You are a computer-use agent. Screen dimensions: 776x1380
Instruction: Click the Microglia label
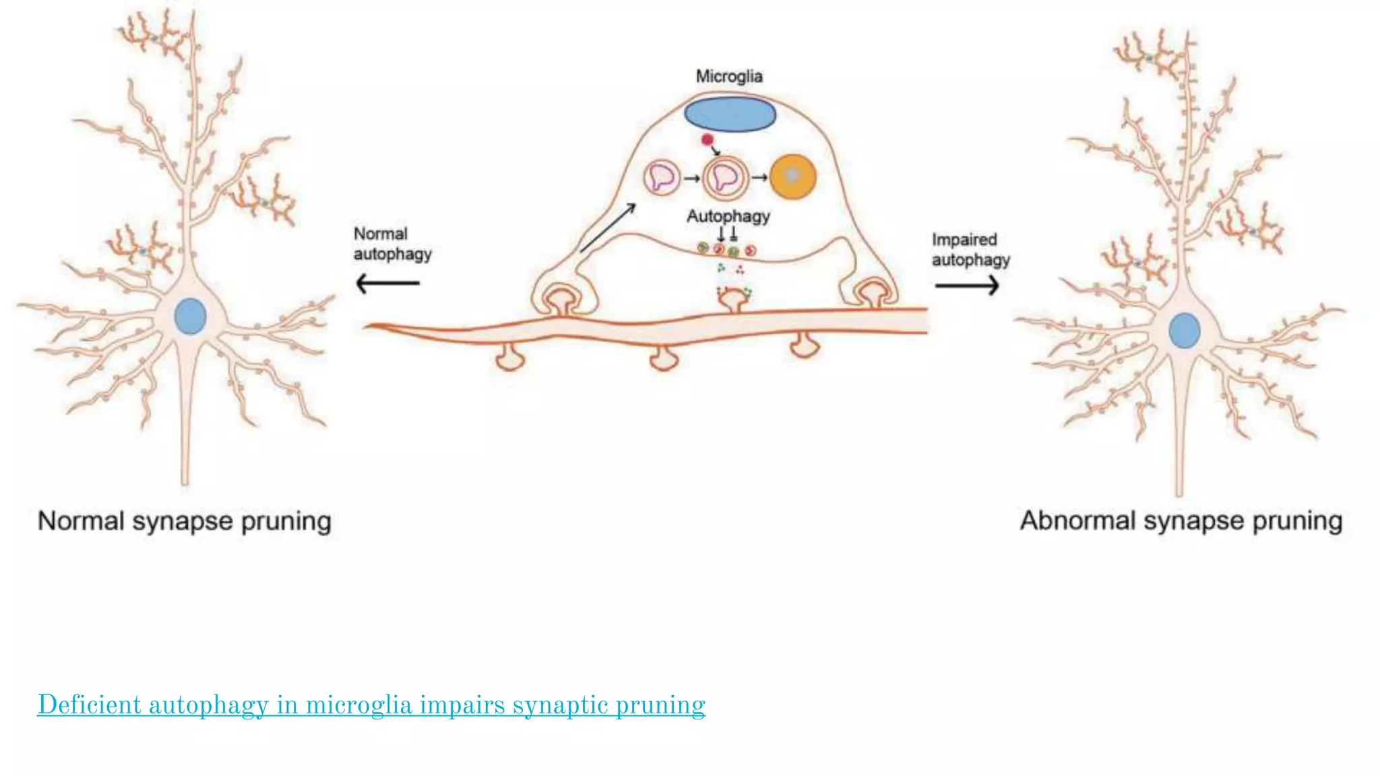[729, 77]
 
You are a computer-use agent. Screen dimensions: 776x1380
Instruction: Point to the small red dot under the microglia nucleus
[707, 140]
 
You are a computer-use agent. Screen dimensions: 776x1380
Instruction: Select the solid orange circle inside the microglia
[793, 176]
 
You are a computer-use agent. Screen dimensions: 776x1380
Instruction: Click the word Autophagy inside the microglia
[728, 216]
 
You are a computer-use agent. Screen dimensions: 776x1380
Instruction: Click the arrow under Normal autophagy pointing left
[387, 283]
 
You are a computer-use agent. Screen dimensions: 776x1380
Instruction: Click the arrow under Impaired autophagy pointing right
[967, 286]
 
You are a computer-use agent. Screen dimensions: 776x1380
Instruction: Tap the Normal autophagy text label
[392, 244]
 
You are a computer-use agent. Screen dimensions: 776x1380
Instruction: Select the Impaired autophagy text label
[970, 249]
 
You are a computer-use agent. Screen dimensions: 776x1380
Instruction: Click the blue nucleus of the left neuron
[190, 316]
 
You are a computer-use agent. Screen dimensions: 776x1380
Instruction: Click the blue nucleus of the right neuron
[1184, 330]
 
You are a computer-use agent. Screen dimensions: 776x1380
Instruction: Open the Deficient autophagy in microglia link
[371, 705]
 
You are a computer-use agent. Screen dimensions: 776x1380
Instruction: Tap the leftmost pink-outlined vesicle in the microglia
[662, 178]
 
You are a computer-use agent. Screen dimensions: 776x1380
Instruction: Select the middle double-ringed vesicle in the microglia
[725, 178]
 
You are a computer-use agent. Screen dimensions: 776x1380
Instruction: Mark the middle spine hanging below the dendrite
[664, 357]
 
